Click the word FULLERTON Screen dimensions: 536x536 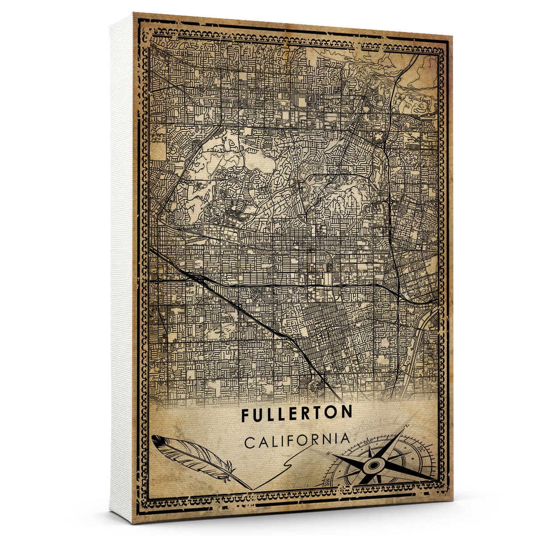tap(297, 414)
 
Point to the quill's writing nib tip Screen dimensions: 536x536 tap(251, 488)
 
